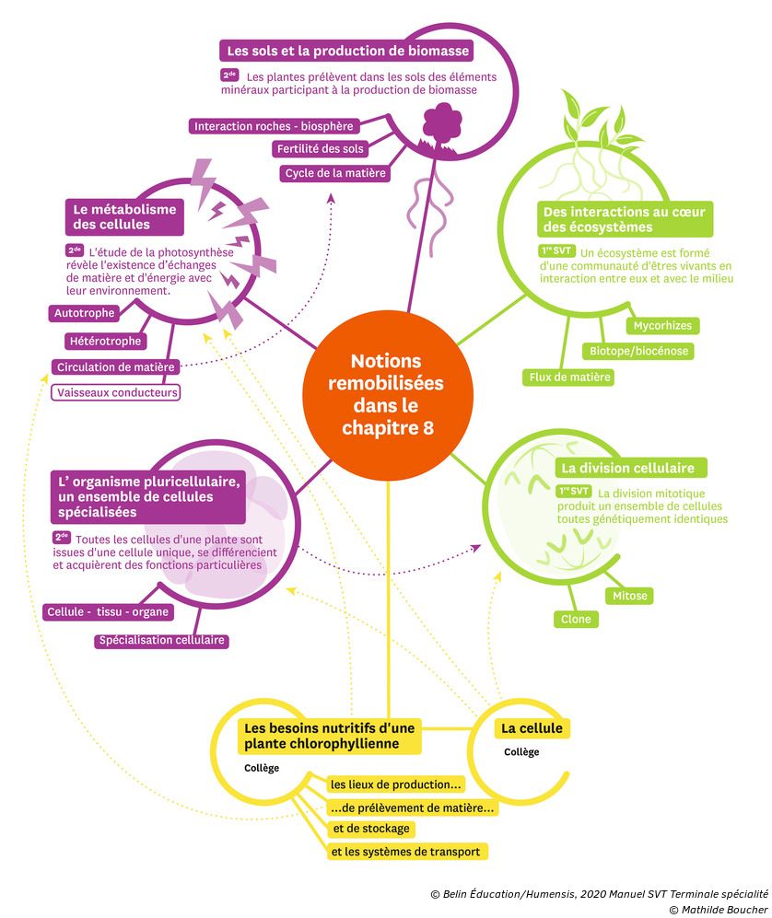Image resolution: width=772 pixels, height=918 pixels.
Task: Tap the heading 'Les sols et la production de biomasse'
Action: coord(345,50)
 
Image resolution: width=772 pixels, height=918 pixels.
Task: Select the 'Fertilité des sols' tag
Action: coord(320,149)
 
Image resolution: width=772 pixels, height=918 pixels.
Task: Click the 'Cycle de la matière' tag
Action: coord(335,173)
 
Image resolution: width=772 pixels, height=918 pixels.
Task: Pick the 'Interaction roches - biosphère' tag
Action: coord(274,126)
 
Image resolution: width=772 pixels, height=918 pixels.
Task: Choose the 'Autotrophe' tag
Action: coord(84,313)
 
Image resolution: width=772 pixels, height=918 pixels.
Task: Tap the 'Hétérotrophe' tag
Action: coord(106,341)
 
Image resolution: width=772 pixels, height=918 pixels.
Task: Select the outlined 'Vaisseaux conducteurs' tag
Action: coord(115,392)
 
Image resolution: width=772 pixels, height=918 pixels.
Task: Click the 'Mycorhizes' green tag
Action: coord(661,325)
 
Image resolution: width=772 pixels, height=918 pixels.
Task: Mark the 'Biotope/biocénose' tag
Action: coord(638,351)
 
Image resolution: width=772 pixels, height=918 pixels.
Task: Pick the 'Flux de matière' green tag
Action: coord(570,377)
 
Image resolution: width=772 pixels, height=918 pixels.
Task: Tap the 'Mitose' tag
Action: coord(630,596)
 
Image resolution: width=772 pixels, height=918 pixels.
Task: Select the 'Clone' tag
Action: coord(576,620)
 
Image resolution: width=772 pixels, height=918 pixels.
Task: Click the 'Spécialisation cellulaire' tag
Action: coord(161,641)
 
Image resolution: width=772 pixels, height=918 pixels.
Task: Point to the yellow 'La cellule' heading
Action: coord(531,728)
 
